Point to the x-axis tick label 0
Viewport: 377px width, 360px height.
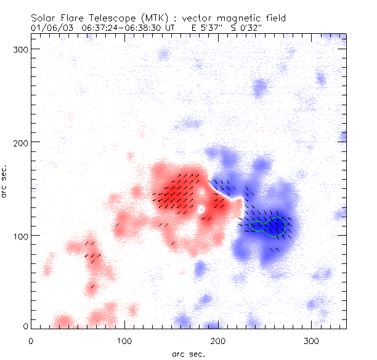coord(31,340)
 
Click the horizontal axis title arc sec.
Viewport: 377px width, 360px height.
coord(188,353)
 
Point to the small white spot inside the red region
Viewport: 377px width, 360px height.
coord(200,210)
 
